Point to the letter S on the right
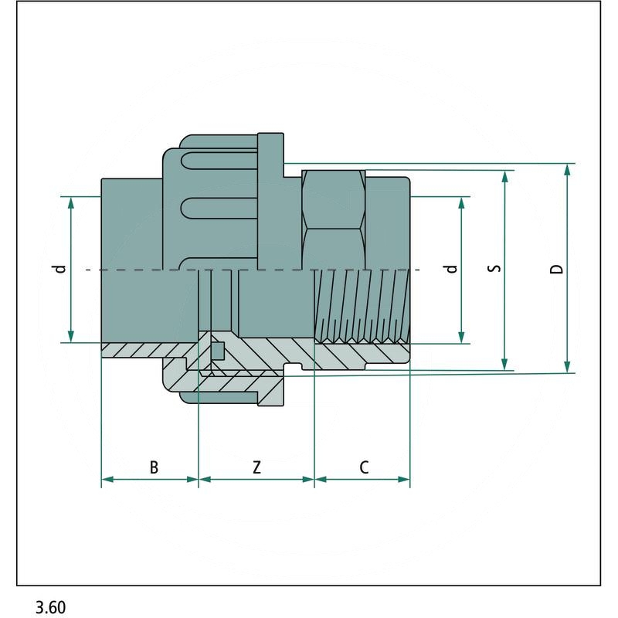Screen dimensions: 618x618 point(495,269)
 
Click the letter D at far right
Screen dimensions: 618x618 point(556,269)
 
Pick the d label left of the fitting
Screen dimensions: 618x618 point(59,269)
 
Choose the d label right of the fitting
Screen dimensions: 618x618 point(452,269)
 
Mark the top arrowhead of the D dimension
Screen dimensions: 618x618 point(569,171)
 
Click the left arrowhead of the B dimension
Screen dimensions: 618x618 point(107,480)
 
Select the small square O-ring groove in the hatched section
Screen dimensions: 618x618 point(218,351)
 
